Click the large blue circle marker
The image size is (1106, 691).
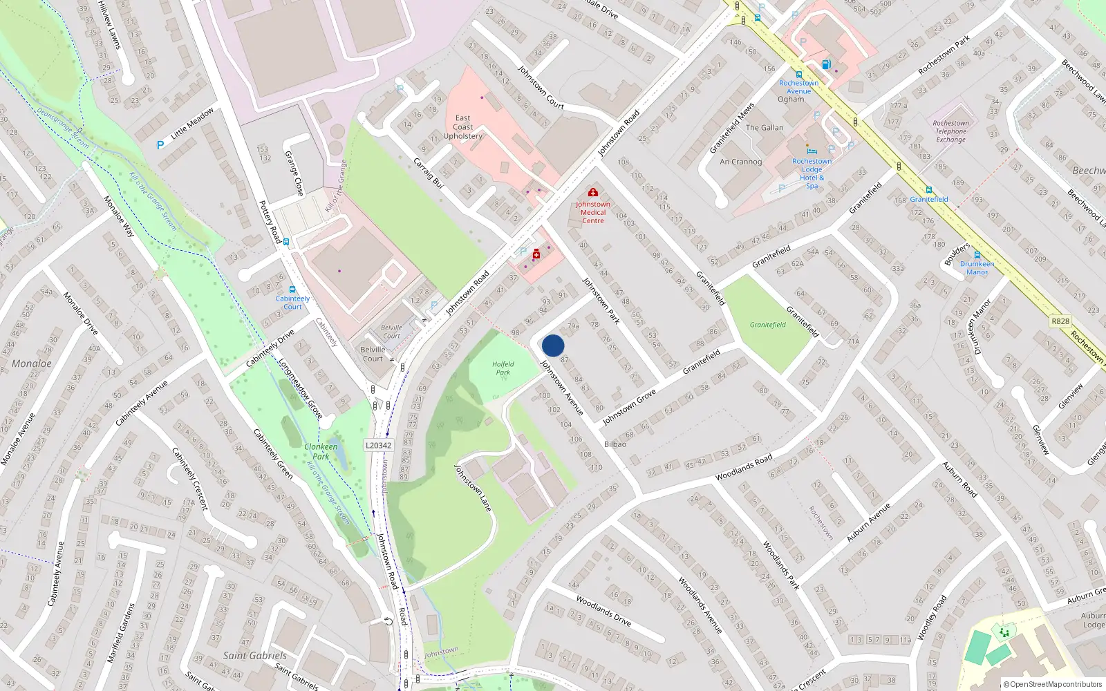coord(553,345)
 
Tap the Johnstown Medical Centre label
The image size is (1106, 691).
coord(592,212)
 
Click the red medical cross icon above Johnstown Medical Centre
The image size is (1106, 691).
coord(592,192)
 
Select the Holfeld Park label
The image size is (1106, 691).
coord(503,368)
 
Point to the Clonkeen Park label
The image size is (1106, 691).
coord(321,451)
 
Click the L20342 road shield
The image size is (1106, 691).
coord(378,445)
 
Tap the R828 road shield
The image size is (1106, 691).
coord(1060,321)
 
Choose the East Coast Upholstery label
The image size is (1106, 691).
coord(462,127)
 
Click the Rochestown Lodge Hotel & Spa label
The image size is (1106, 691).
coord(812,173)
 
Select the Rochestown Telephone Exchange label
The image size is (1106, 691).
coord(950,131)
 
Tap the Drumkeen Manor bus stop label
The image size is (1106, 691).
coord(977,267)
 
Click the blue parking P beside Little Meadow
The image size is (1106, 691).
coord(160,145)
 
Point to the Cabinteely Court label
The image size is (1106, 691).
coord(292,303)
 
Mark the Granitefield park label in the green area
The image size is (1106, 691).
coord(767,325)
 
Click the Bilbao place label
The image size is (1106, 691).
coord(615,444)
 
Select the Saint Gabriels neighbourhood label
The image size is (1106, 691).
coord(254,655)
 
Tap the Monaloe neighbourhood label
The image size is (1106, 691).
coord(31,363)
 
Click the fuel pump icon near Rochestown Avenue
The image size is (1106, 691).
coord(826,64)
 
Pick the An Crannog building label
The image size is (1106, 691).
coord(740,162)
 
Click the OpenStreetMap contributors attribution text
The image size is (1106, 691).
coord(1053,684)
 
